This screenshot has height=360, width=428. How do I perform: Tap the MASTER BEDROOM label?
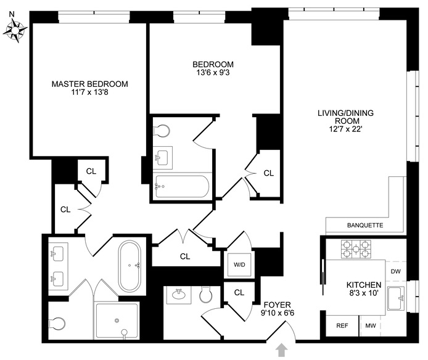point(89,84)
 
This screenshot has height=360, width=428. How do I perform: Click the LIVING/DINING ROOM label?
point(345,117)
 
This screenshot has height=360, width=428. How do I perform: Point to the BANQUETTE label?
point(365,226)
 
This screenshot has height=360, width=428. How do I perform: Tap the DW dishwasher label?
point(396,270)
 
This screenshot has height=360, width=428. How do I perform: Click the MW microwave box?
point(371,325)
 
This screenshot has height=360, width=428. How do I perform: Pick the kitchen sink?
point(397,298)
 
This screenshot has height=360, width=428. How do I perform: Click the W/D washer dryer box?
point(239,266)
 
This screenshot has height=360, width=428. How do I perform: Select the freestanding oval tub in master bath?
point(129,266)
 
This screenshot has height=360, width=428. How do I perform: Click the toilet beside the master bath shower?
point(57,323)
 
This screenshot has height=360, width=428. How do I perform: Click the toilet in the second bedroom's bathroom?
point(162,131)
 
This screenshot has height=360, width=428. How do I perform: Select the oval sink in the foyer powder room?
point(181,294)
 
